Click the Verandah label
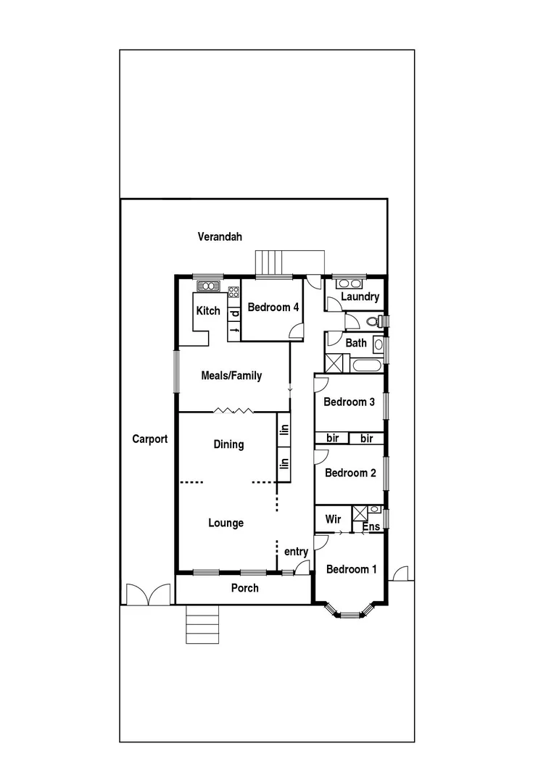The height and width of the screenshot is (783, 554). point(220,236)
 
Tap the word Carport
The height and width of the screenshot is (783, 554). point(150,439)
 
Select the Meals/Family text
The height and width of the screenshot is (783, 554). point(232,376)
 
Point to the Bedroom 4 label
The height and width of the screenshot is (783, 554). point(273,307)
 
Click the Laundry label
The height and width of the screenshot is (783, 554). point(360,297)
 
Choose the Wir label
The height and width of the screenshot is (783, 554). point(333,519)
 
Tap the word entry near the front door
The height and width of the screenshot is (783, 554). point(296,552)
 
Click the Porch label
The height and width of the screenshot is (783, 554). point(244,588)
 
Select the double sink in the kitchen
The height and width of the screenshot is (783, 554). point(209,286)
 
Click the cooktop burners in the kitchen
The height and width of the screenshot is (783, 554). point(234,293)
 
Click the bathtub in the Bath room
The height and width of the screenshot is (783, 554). point(367,364)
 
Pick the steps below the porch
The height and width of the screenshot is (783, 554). point(202,623)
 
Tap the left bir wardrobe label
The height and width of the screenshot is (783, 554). point(333,439)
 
